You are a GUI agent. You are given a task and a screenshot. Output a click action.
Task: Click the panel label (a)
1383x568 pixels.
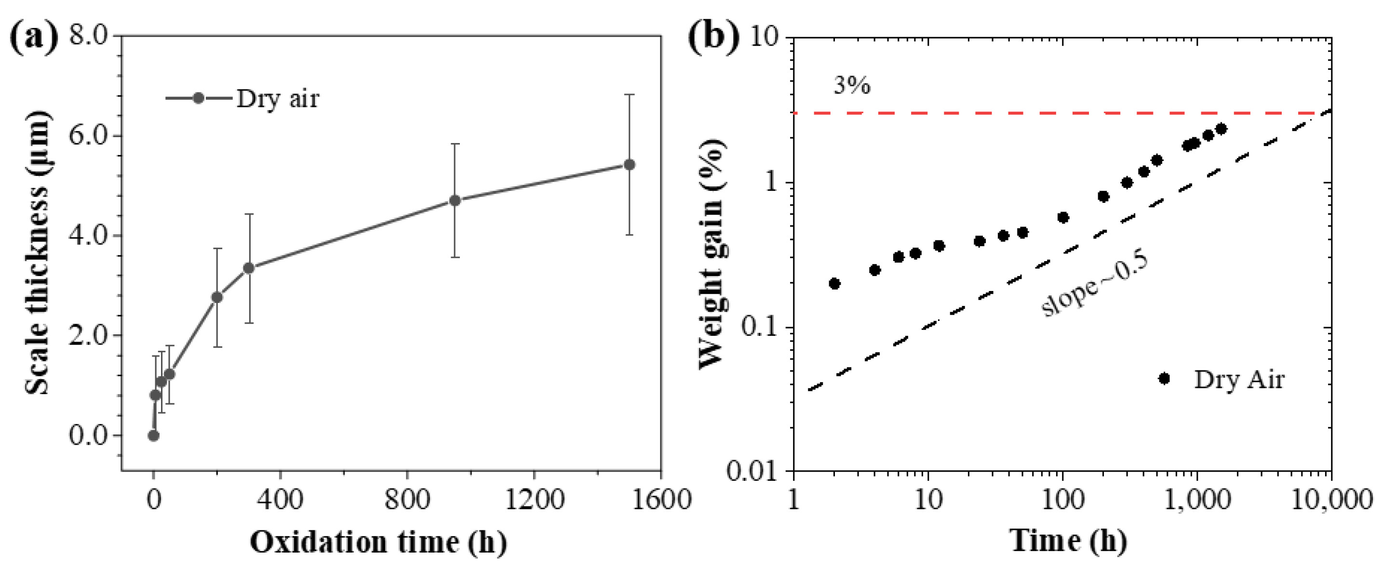[33, 39]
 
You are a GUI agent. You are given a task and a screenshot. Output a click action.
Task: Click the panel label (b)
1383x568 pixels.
[714, 39]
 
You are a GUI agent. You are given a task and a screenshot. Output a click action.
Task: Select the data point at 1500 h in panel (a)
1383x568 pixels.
[629, 165]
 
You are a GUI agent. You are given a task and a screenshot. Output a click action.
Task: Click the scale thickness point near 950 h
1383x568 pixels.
[455, 200]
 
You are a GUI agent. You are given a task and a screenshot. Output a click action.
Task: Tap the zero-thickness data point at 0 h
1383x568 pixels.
[154, 436]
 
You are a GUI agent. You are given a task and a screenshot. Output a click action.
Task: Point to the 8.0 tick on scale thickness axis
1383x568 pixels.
[89, 36]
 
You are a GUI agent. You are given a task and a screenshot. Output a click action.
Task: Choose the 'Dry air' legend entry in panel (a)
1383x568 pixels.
[277, 98]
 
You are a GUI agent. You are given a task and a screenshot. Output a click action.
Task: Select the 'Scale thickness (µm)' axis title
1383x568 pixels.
[38, 252]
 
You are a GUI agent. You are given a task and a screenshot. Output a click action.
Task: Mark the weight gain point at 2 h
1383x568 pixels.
[834, 283]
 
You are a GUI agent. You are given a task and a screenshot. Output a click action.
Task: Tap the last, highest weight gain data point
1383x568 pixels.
[1221, 129]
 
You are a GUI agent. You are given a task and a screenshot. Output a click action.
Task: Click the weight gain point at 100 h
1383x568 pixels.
[1063, 217]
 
